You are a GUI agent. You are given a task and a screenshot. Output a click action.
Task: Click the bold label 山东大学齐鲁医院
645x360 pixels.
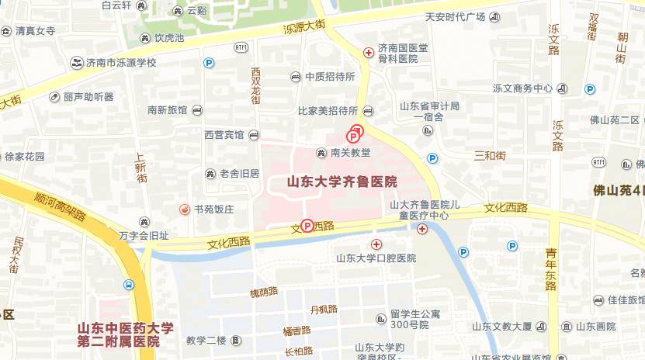click(342, 182)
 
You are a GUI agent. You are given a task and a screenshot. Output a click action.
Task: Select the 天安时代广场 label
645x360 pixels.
click(455, 17)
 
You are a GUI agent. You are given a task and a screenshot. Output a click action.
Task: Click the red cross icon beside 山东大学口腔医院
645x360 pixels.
click(376, 245)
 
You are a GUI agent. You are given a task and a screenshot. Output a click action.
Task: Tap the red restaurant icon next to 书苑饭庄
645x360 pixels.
click(185, 209)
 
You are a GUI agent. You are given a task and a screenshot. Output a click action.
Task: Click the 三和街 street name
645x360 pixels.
click(489, 156)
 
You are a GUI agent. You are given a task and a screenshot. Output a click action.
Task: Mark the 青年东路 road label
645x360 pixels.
click(551, 269)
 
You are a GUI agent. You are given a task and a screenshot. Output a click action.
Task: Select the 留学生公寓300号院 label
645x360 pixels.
click(414, 319)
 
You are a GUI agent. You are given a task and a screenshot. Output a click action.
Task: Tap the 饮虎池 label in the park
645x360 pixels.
click(168, 37)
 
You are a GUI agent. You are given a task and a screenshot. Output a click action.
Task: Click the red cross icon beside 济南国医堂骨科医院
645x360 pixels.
click(369, 53)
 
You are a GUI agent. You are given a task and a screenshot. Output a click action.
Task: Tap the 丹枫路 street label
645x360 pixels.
click(324, 309)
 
